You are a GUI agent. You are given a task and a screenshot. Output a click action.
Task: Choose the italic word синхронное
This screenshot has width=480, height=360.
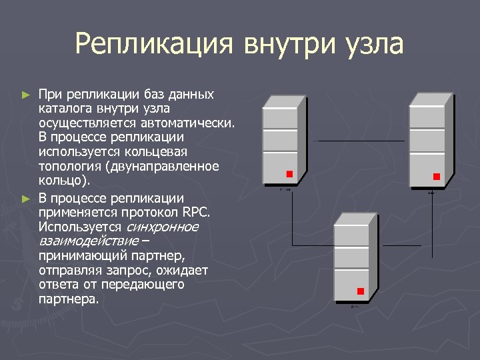point(163,227)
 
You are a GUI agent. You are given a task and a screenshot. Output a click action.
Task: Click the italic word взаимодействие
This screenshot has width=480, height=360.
point(89,241)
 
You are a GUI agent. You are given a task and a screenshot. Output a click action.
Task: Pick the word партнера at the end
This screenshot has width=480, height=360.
point(69,299)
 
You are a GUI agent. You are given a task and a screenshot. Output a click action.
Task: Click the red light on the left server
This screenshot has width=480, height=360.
point(289,174)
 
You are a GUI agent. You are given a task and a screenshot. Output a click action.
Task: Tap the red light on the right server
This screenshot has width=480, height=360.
point(437,177)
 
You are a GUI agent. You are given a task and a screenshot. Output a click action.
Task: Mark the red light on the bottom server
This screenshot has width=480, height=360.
point(361,291)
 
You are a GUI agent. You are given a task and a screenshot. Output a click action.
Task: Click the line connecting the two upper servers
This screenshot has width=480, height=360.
point(360,141)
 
